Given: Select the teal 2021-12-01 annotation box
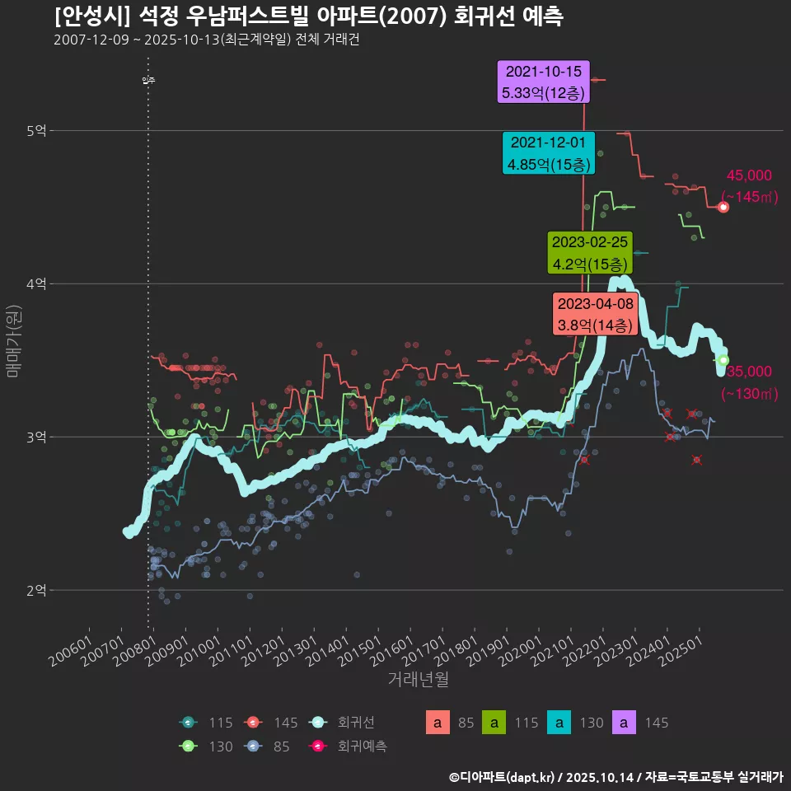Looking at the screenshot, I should (548, 152).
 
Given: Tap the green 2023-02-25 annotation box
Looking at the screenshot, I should (590, 253).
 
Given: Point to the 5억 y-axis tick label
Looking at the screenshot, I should (36, 131).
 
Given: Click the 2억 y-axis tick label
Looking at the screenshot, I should (36, 591).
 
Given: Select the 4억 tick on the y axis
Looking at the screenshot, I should (36, 284).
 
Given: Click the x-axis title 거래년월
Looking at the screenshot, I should (418, 680).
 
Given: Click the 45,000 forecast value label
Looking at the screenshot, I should (749, 176).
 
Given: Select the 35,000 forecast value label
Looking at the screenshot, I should (749, 372).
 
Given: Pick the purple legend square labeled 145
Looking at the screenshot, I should (625, 723).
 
